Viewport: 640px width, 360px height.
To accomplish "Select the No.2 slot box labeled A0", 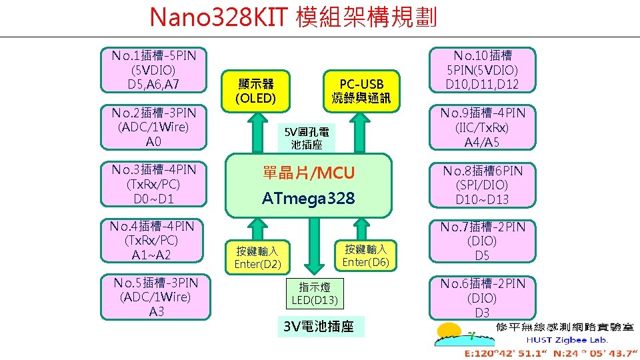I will [154, 127].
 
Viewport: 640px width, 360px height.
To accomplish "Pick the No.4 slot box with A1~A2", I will [154, 241].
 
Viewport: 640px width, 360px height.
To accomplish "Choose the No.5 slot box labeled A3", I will [155, 297].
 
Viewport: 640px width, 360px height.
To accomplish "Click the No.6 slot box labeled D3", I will [482, 298].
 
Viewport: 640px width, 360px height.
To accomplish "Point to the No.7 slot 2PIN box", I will [482, 241].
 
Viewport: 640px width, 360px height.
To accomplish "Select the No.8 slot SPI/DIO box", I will [482, 185].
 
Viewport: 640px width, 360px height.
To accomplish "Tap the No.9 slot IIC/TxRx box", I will [482, 127].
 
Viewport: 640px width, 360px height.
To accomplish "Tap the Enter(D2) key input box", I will [257, 257].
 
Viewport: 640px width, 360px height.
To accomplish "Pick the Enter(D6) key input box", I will [365, 255].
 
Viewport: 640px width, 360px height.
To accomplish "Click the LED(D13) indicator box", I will [315, 293].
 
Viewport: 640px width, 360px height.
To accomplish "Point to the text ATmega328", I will [308, 198].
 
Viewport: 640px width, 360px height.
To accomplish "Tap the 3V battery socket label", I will [319, 327].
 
